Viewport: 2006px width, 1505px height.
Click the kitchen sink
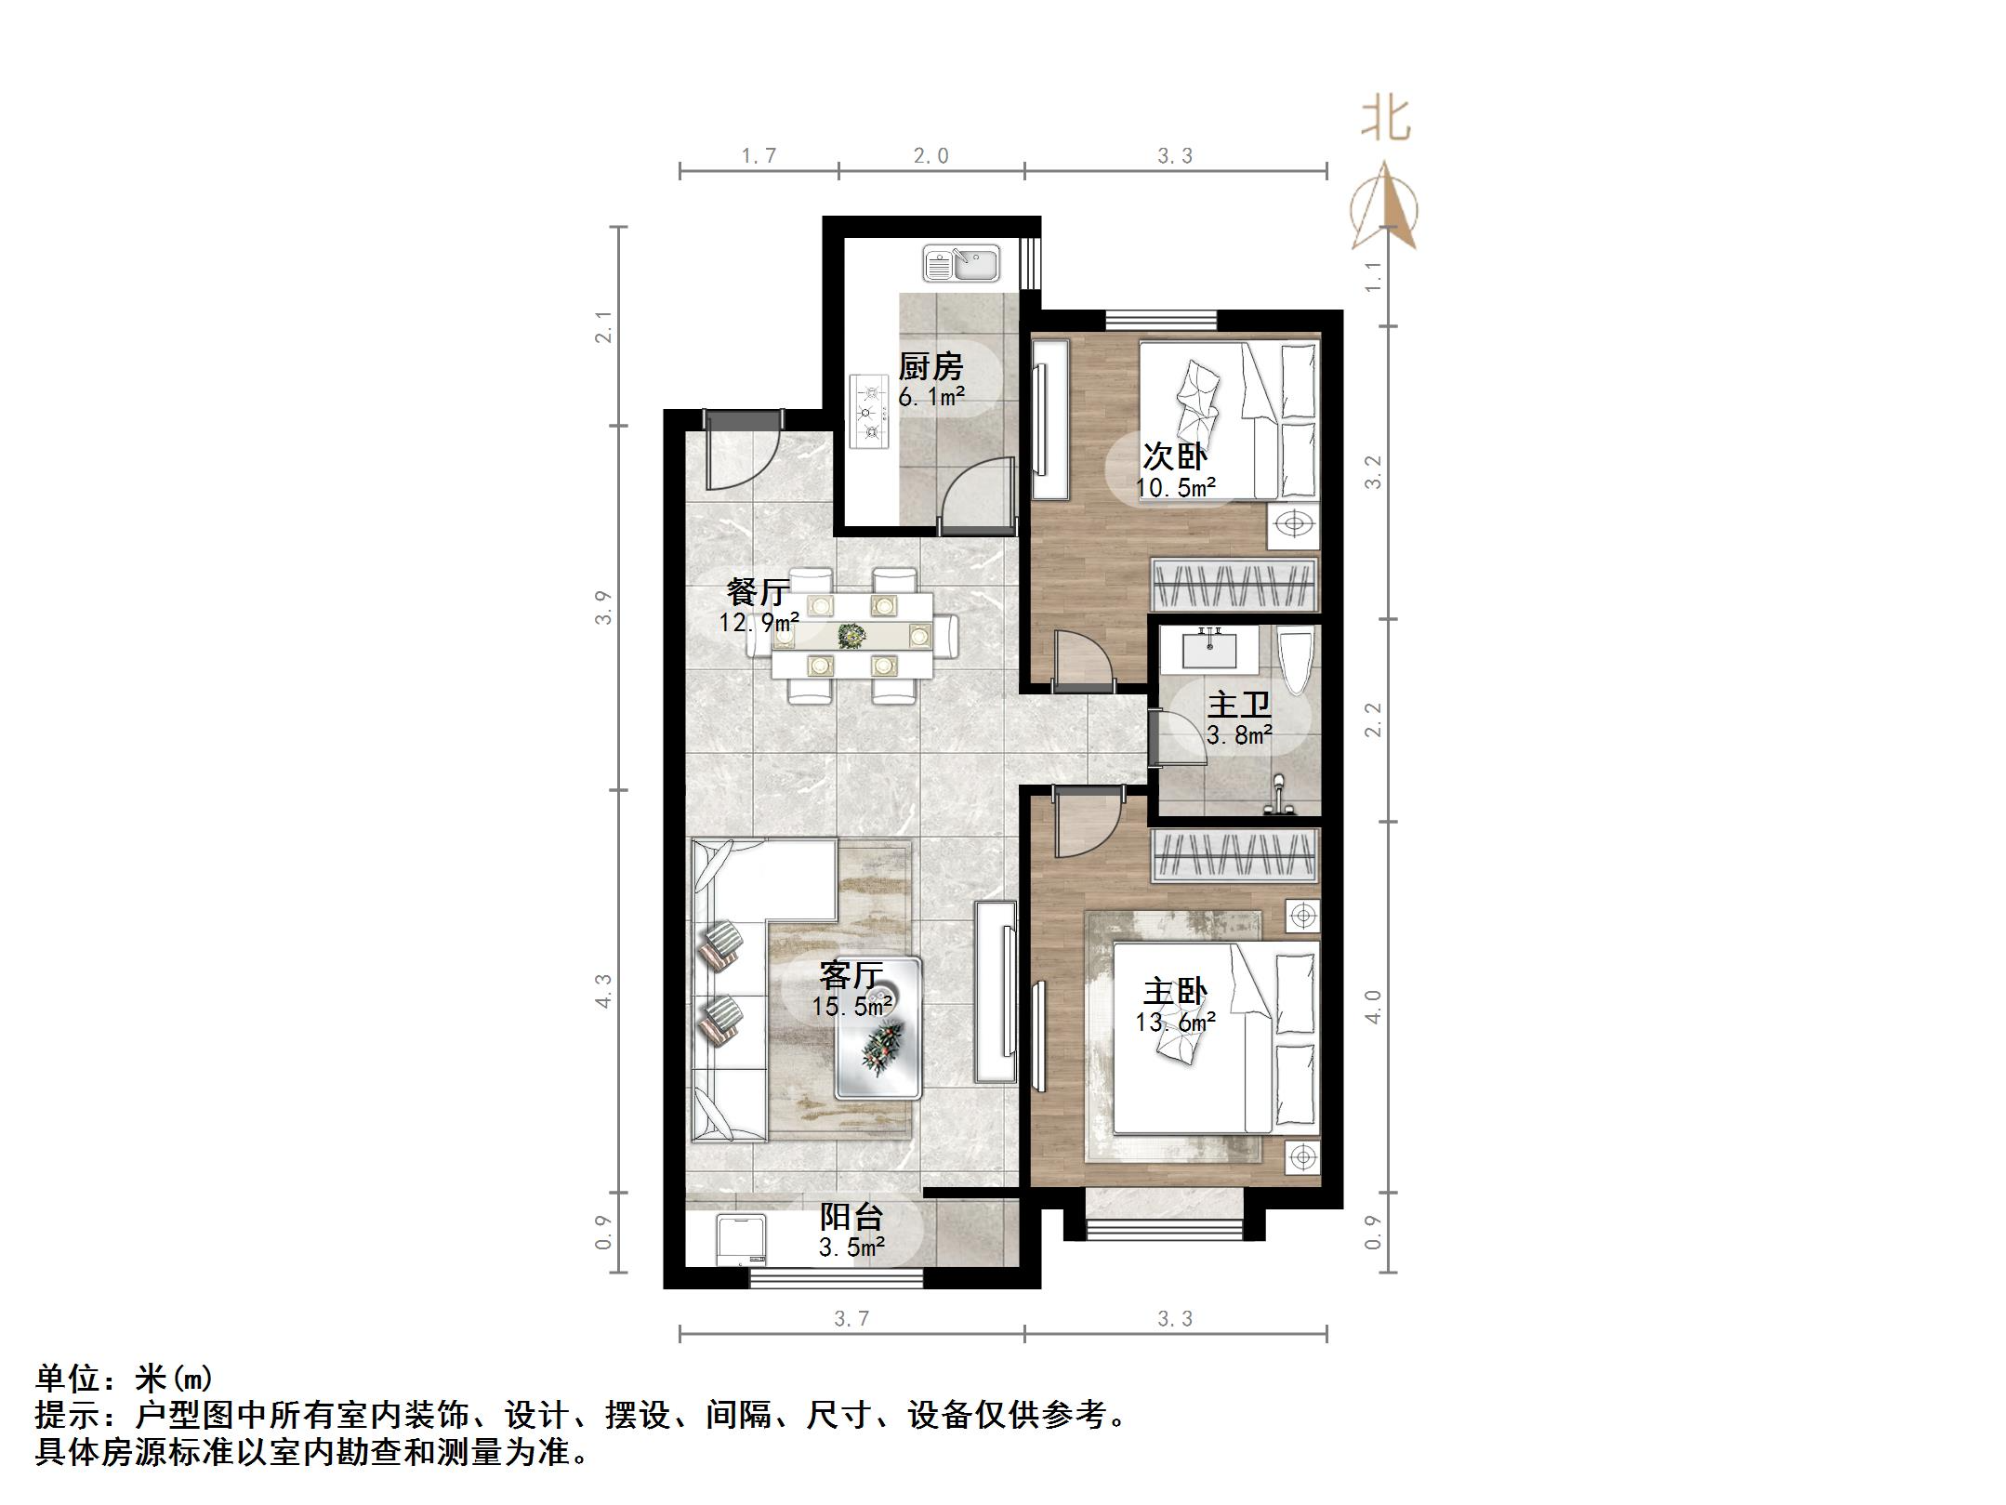pyautogui.click(x=960, y=264)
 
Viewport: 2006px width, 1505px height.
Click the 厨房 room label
pyautogui.click(x=930, y=366)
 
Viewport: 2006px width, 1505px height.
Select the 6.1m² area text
pyautogui.click(x=931, y=398)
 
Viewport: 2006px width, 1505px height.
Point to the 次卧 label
pyautogui.click(x=1175, y=456)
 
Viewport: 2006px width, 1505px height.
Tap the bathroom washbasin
pyautogui.click(x=1209, y=648)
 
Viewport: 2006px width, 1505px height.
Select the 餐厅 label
pyautogui.click(x=759, y=591)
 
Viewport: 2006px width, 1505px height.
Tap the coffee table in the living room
pyautogui.click(x=878, y=1028)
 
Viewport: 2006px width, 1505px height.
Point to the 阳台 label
pyautogui.click(x=851, y=1217)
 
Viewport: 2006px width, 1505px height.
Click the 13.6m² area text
pyautogui.click(x=1175, y=1023)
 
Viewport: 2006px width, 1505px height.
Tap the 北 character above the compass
pyautogui.click(x=1386, y=121)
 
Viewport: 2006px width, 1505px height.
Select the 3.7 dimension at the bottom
pyautogui.click(x=851, y=1318)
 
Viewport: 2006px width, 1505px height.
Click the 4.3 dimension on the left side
pyautogui.click(x=604, y=990)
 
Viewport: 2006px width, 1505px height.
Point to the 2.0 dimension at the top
pyautogui.click(x=930, y=156)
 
